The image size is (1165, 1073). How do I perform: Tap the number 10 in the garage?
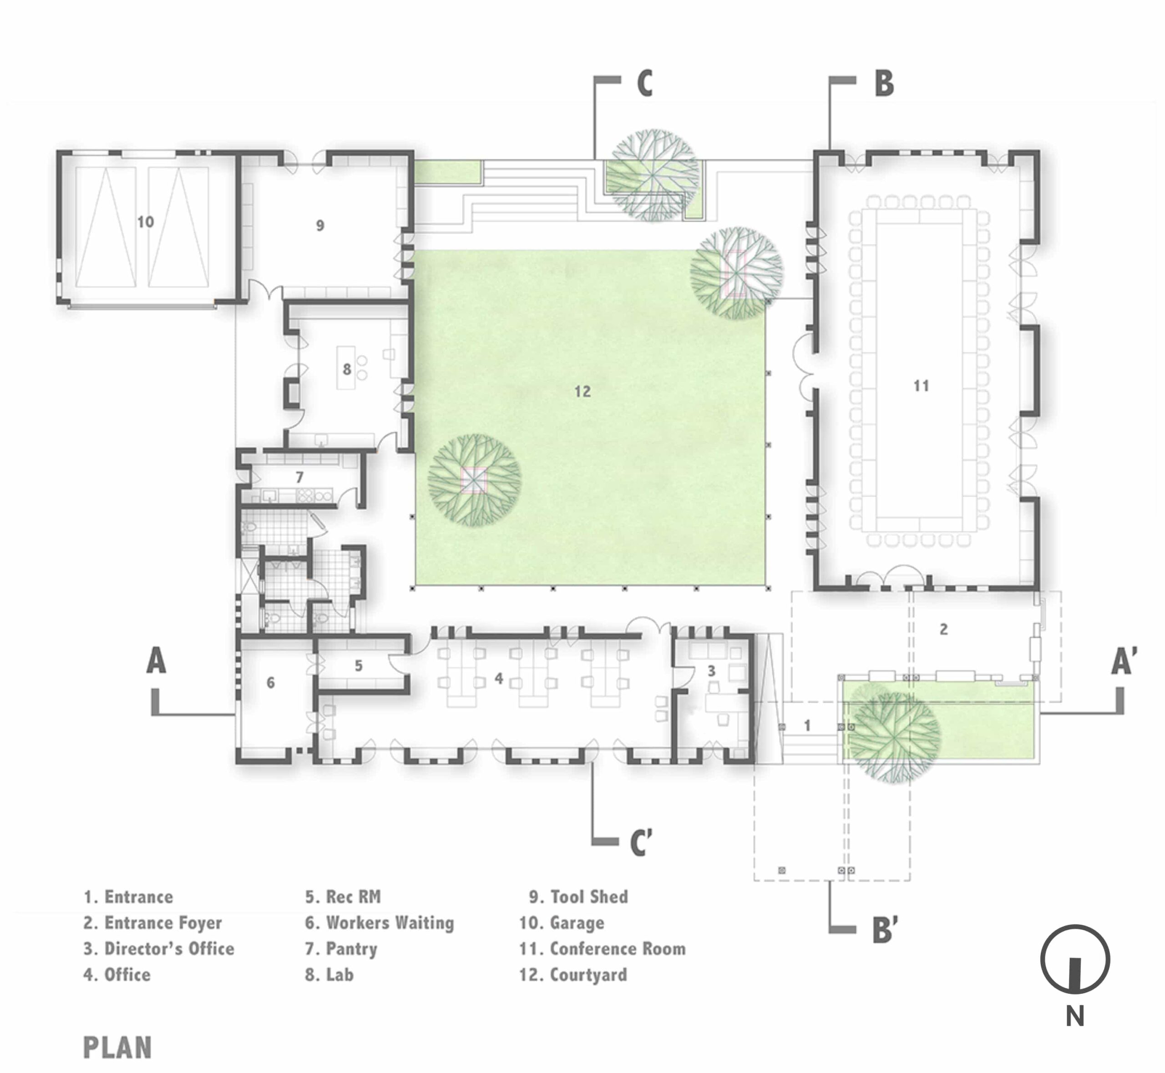tap(145, 222)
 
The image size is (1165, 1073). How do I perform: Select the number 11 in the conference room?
tap(921, 386)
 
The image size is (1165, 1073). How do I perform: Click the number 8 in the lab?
tap(347, 369)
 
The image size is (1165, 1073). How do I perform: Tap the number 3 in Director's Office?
tap(711, 671)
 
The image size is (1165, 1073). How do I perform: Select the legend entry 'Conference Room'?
tap(602, 949)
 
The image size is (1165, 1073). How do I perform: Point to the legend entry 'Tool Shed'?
tap(578, 897)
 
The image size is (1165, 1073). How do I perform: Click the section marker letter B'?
tap(886, 930)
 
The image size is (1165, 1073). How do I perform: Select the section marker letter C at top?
tap(645, 83)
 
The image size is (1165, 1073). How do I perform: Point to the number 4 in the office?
tap(498, 678)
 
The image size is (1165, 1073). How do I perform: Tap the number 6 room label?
tap(271, 683)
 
